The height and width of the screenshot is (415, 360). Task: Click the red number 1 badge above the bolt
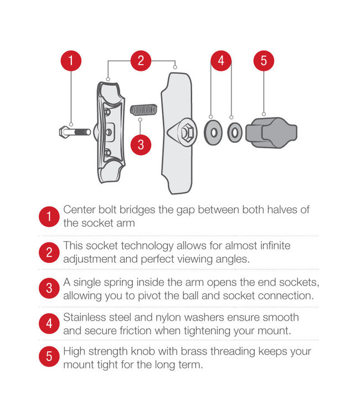pyautogui.click(x=71, y=61)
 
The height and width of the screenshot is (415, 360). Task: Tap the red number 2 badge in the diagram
pyautogui.click(x=141, y=61)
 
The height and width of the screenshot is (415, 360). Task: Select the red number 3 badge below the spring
pyautogui.click(x=141, y=145)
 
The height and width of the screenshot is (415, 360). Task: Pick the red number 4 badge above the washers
pyautogui.click(x=221, y=61)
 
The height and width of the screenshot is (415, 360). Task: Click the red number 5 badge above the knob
pyautogui.click(x=264, y=61)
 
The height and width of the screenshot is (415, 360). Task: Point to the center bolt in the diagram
pyautogui.click(x=75, y=132)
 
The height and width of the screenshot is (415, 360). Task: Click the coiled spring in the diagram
pyautogui.click(x=143, y=110)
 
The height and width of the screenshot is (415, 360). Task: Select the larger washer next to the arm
pyautogui.click(x=213, y=132)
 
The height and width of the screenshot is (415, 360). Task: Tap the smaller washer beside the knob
pyautogui.click(x=234, y=132)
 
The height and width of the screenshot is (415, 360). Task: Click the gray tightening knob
pyautogui.click(x=271, y=132)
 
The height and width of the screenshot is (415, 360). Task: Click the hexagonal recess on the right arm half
pyautogui.click(x=187, y=132)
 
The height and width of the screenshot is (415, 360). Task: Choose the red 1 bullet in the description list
pyautogui.click(x=49, y=216)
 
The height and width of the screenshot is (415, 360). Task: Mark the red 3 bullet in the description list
pyautogui.click(x=49, y=288)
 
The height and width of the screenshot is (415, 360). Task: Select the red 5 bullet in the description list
pyautogui.click(x=49, y=356)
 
